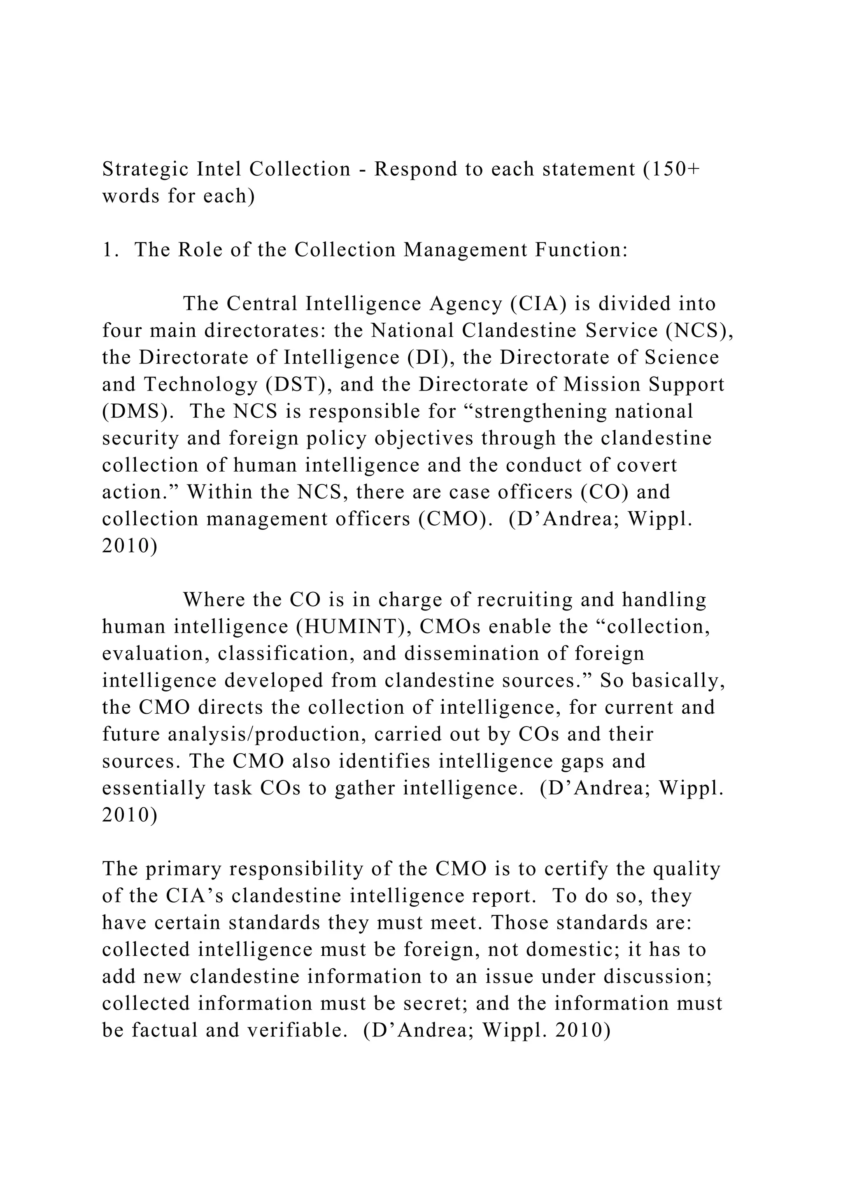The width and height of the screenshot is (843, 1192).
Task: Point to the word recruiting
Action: click(x=524, y=600)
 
